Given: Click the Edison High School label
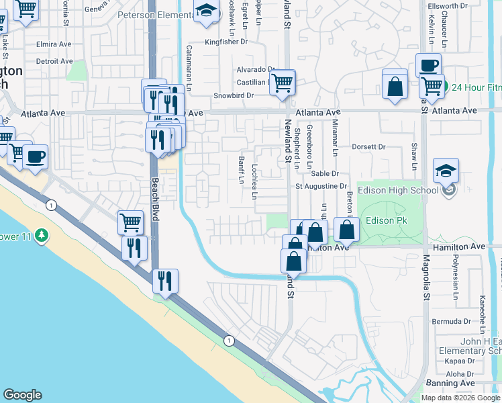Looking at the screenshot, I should [400, 190].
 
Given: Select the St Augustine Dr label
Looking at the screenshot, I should [322, 186].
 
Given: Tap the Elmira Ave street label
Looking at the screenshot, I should [54, 44].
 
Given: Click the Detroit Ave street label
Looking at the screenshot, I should [54, 61].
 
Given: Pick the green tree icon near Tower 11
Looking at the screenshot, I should [42, 235].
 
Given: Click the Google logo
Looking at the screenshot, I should [22, 395].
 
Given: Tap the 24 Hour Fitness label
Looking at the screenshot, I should [476, 87].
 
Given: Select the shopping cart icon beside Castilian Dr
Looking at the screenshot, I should [283, 83].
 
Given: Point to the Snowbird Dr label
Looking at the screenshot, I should [234, 95].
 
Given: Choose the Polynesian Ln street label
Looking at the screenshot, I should [455, 272].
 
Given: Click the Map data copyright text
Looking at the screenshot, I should [460, 398].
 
